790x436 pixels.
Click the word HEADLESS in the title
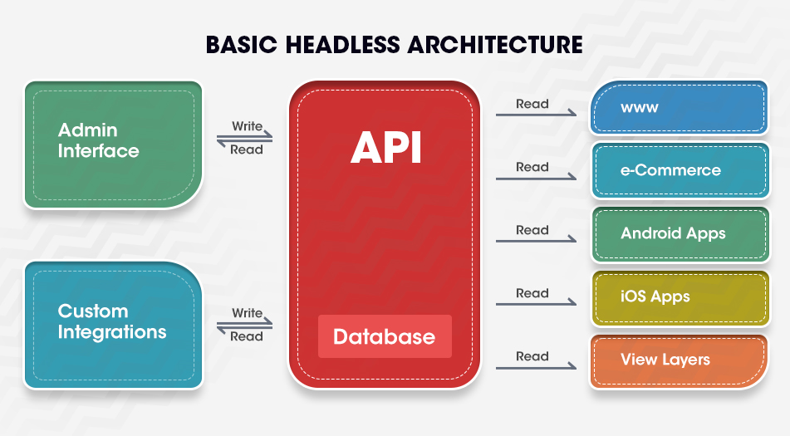(343, 44)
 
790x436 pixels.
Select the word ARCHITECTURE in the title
(495, 44)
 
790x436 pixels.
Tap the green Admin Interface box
(113, 145)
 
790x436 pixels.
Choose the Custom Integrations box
(113, 325)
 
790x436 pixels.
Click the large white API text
(386, 148)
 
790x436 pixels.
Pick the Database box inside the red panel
(385, 336)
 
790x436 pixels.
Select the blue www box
(680, 107)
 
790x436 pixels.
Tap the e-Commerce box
(680, 171)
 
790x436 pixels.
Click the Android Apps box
(680, 234)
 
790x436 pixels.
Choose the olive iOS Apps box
(680, 297)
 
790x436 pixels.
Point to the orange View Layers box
(680, 361)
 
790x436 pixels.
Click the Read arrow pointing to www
(536, 115)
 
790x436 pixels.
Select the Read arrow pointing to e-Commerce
(536, 179)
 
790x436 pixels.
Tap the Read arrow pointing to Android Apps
(536, 241)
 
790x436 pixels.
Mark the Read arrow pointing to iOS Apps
(536, 304)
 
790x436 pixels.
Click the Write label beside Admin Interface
(247, 126)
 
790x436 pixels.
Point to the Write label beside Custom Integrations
(247, 312)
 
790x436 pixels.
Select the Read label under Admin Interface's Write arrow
(247, 149)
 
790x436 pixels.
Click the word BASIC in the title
(242, 44)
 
